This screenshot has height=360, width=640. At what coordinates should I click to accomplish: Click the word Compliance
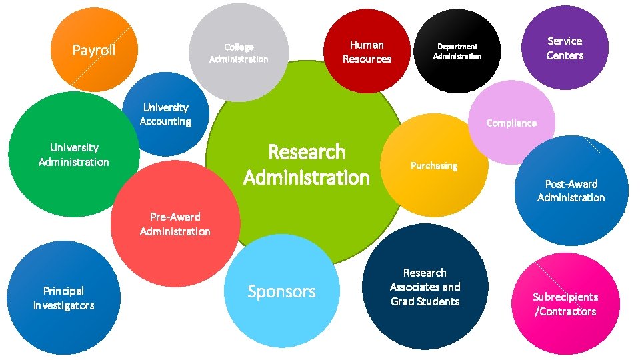click(511, 123)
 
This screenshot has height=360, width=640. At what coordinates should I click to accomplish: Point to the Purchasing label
click(434, 165)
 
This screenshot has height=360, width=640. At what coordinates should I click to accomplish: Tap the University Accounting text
click(165, 115)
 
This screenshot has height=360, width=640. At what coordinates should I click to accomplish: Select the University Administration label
click(73, 155)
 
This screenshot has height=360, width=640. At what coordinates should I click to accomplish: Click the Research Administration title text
click(307, 165)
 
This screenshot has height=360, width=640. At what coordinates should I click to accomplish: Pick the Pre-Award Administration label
click(175, 224)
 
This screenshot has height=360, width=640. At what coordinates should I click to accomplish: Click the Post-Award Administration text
click(571, 191)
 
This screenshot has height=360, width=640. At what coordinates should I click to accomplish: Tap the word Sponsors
click(281, 291)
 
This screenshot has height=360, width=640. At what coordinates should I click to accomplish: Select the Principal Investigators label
click(63, 298)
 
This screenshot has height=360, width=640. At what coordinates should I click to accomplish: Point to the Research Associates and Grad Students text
click(425, 287)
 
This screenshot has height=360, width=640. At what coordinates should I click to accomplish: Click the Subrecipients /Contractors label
click(565, 304)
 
